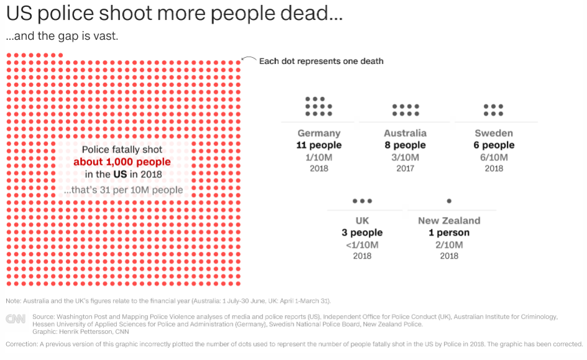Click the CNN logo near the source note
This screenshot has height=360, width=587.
click(15, 319)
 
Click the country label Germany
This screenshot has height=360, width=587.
click(319, 133)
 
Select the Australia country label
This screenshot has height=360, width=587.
click(405, 133)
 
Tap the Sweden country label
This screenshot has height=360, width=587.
click(494, 133)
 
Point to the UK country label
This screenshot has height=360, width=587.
click(362, 221)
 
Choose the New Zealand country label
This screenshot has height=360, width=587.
click(449, 221)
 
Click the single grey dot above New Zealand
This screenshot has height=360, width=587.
click(449, 201)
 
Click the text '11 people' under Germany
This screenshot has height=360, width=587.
click(319, 145)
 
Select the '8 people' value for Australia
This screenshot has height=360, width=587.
click(405, 145)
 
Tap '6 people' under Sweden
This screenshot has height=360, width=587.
click(494, 145)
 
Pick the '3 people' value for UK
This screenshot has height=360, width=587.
click(362, 233)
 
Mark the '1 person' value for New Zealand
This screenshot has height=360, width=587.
click(449, 233)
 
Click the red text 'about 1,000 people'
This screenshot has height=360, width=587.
click(122, 162)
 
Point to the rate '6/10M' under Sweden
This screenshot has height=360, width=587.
click(494, 157)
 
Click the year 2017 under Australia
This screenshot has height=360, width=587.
click(405, 168)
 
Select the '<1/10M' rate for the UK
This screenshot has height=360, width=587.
click(362, 245)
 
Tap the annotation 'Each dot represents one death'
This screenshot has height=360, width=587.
click(321, 61)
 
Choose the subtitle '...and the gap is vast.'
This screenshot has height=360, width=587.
click(62, 36)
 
